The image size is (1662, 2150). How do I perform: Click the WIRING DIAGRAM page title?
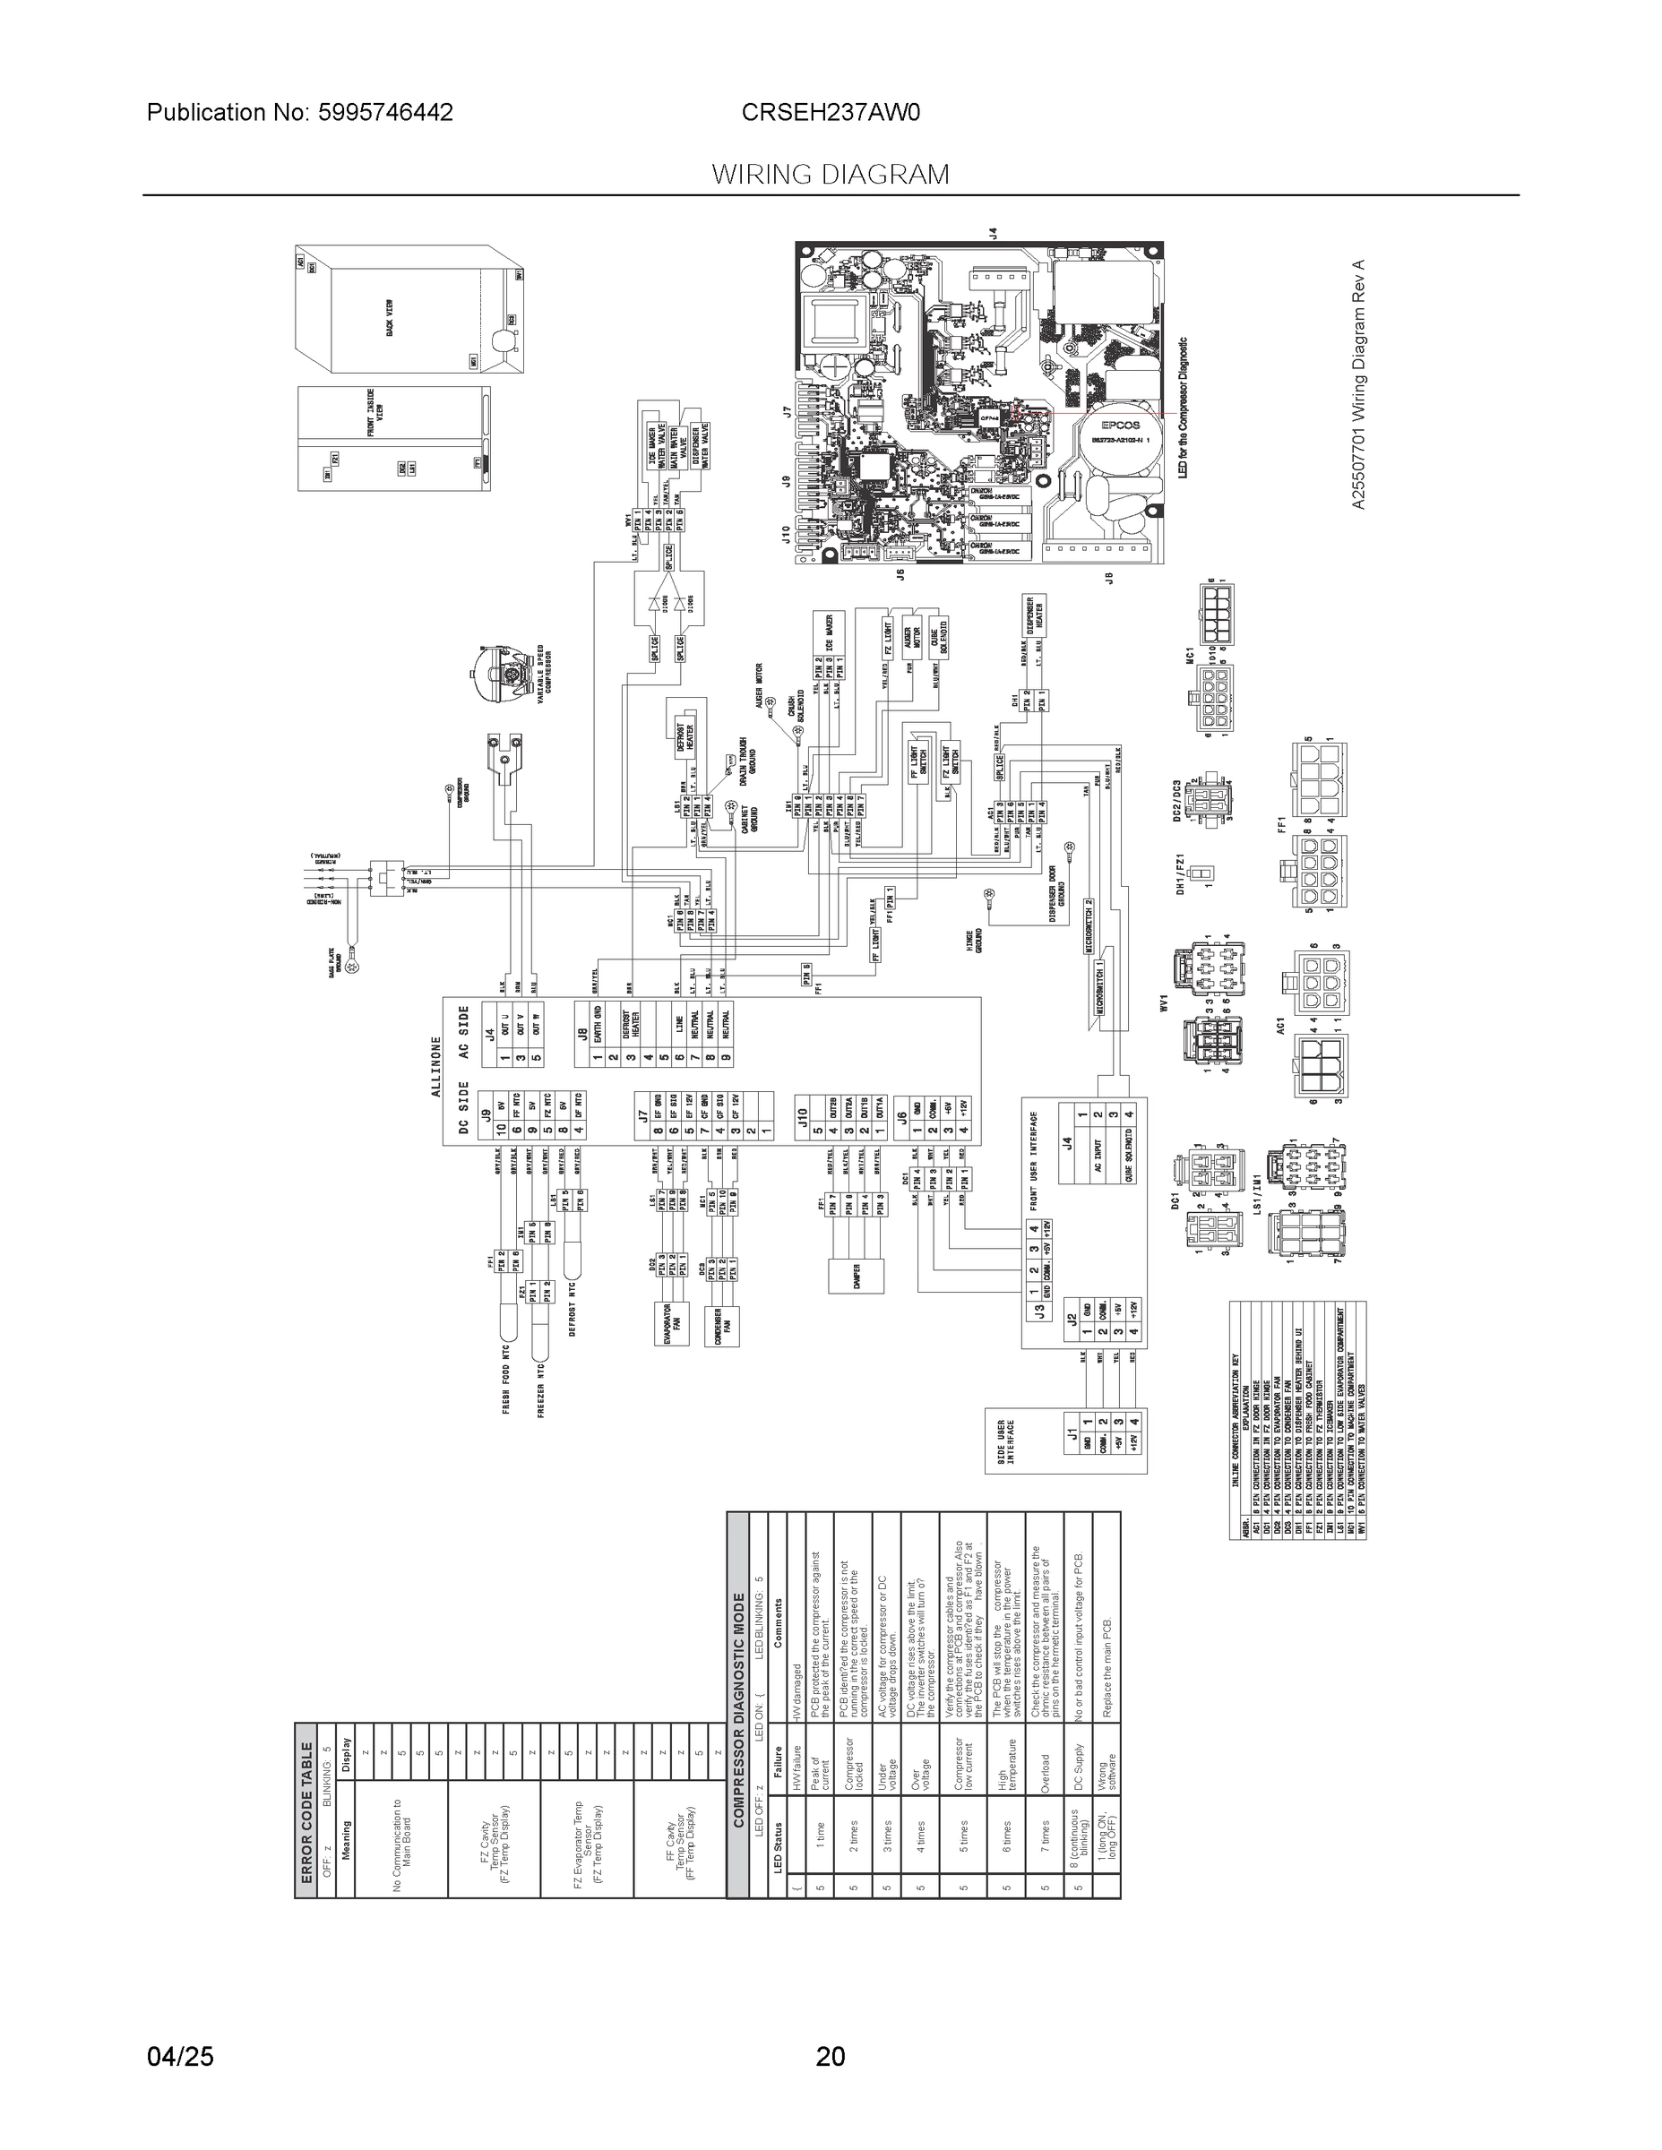point(830,175)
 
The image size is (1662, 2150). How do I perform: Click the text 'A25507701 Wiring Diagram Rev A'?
point(1359,385)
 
